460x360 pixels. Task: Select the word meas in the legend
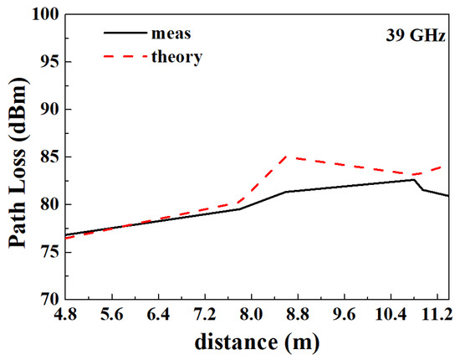pyautogui.click(x=171, y=33)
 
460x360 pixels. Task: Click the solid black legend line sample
pyautogui.click(x=122, y=33)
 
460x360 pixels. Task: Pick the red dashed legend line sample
pyautogui.click(x=122, y=57)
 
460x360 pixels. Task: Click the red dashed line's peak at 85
pyautogui.click(x=286, y=157)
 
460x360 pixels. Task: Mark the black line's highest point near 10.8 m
pyautogui.click(x=413, y=179)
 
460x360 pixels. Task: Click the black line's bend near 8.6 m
pyautogui.click(x=286, y=192)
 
